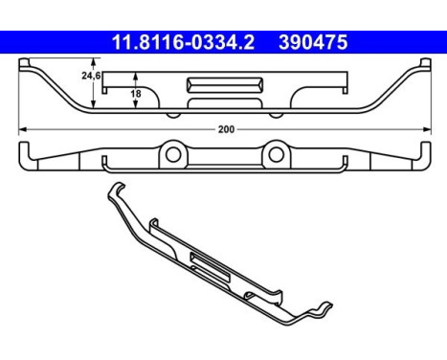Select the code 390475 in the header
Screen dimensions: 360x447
312,43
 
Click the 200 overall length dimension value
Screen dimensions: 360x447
223,128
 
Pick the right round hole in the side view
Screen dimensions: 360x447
274,152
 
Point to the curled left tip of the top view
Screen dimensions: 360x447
24,64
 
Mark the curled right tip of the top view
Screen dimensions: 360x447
422,64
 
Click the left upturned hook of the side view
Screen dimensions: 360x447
22,151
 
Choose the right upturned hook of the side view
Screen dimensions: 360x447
423,151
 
